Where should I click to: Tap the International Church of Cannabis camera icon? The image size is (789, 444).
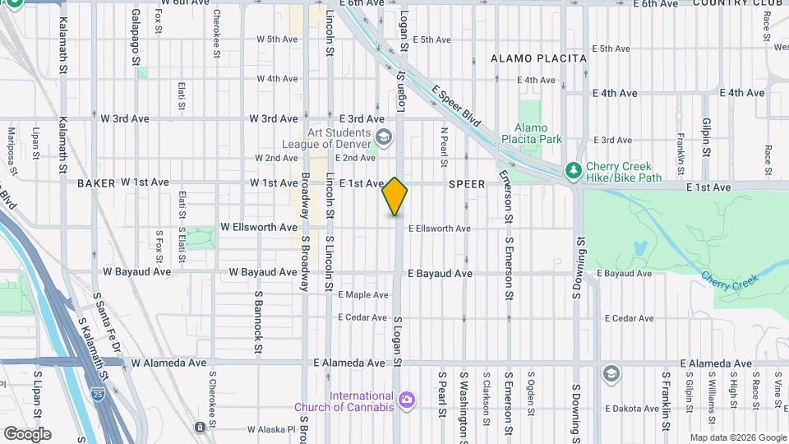click(406, 400)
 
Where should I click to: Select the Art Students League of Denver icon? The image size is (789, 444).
click(382, 137)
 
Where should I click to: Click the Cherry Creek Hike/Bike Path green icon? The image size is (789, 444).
click(574, 170)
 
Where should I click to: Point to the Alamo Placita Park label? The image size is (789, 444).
click(538, 133)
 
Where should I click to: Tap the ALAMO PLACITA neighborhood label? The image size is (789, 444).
click(538, 58)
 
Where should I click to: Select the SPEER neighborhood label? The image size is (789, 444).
click(468, 185)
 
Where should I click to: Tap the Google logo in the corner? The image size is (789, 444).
click(27, 434)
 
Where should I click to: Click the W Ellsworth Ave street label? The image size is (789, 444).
click(259, 227)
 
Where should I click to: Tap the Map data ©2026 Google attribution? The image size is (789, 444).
click(737, 437)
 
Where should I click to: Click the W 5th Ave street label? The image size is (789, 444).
click(277, 39)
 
